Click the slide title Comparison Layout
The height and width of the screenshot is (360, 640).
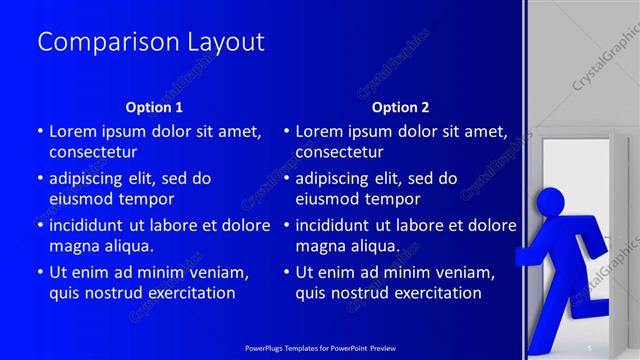click(150, 42)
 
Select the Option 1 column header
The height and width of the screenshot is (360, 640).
click(154, 107)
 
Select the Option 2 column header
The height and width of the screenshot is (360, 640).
click(400, 107)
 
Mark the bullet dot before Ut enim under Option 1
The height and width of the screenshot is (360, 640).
click(40, 273)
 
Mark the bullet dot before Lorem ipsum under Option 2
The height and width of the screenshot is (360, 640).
click(286, 131)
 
